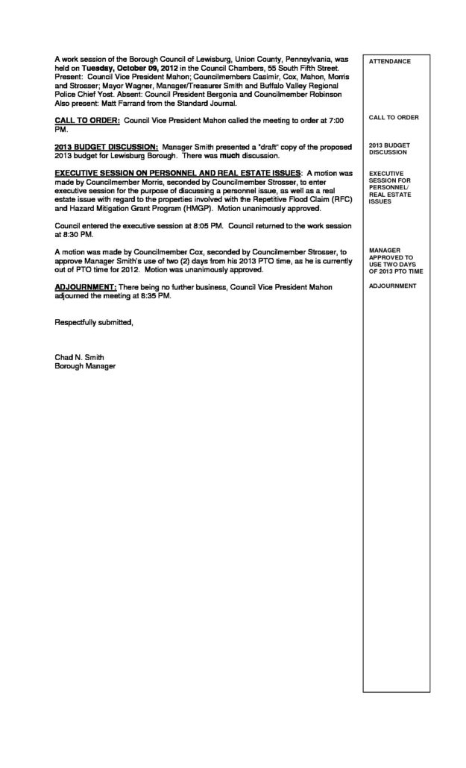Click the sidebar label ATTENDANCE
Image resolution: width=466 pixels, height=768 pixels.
[x=390, y=61]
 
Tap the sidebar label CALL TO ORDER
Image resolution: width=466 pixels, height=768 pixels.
[x=394, y=118]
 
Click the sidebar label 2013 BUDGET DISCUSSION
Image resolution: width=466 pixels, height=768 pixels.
[x=388, y=148]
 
